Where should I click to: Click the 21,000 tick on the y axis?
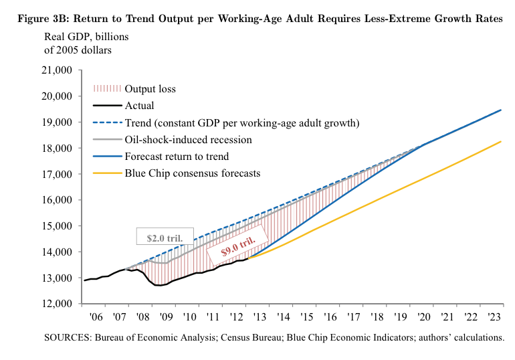[x=58, y=70]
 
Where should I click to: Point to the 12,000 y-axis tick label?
[x=58, y=304]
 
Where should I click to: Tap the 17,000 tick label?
[x=58, y=174]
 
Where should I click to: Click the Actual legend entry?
[x=140, y=106]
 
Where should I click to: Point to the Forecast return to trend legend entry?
[x=177, y=157]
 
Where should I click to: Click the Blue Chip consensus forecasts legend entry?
[x=192, y=174]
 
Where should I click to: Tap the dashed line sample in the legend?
[x=106, y=122]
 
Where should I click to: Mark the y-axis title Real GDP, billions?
[x=86, y=35]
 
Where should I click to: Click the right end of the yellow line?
[x=501, y=141]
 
